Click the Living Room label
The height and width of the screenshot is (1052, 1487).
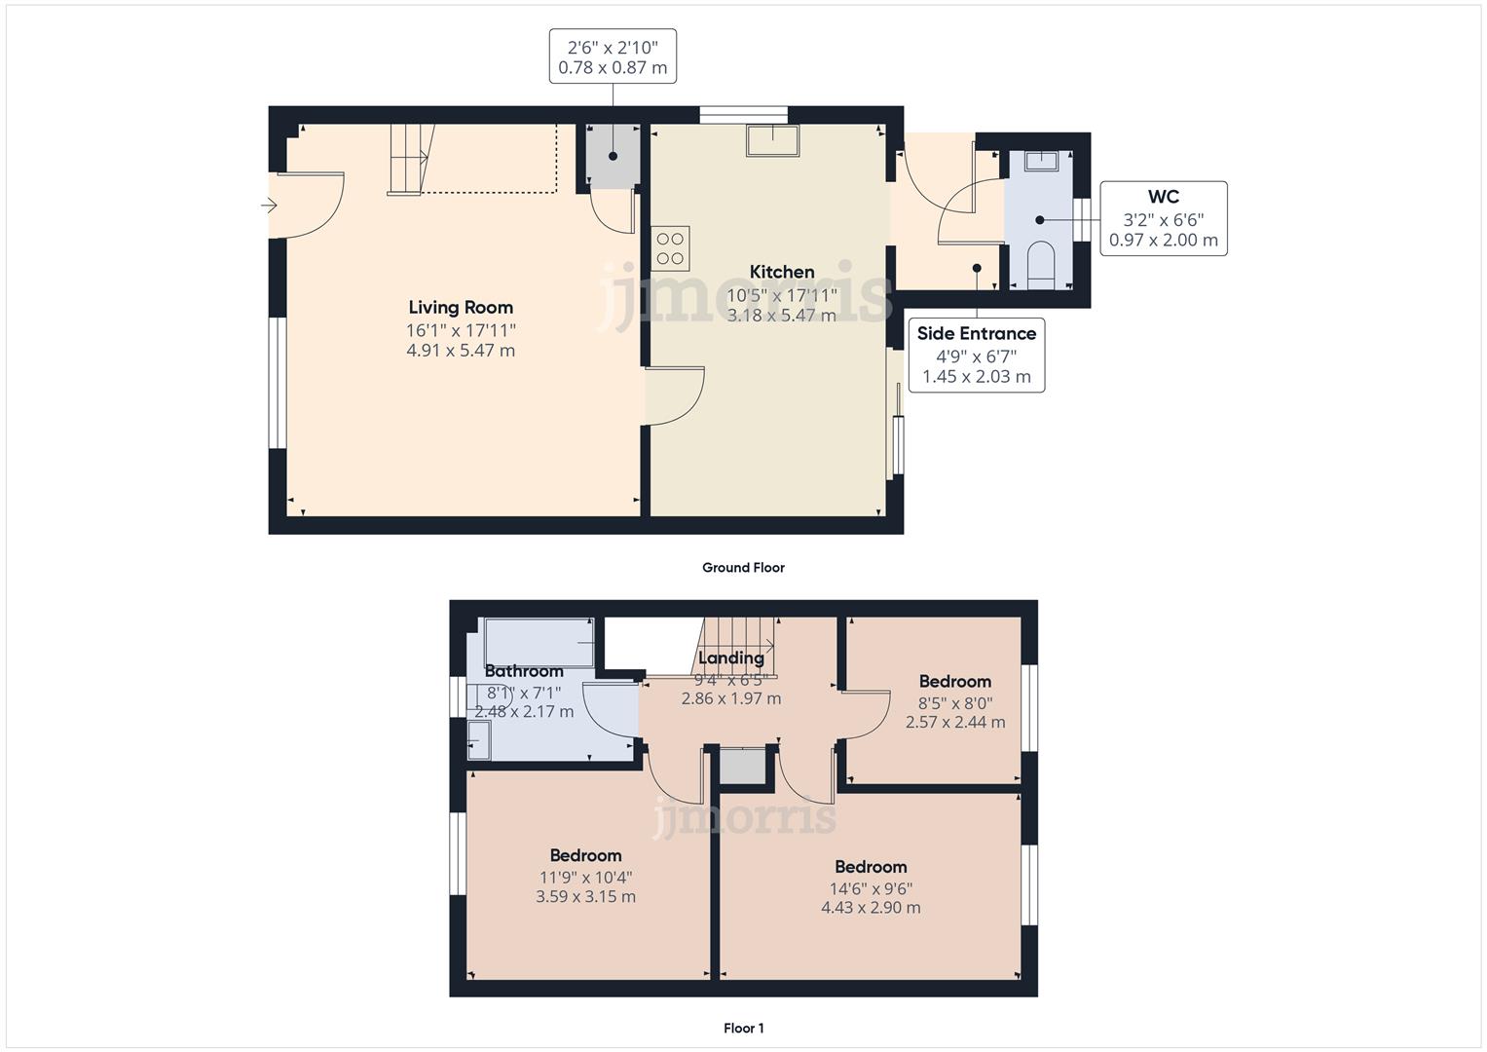click(460, 308)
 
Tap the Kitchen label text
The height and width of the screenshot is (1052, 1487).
click(781, 272)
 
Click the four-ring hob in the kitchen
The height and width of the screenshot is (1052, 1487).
click(670, 248)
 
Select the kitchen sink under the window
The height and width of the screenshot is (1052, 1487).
click(772, 140)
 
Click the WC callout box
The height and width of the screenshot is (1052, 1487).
click(1163, 218)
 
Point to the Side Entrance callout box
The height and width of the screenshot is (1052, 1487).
click(976, 355)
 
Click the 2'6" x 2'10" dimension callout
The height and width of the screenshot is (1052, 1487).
click(613, 56)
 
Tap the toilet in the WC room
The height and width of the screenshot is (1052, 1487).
click(1040, 263)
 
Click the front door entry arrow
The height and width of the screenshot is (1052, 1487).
click(269, 206)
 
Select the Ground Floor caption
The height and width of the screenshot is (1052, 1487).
click(743, 568)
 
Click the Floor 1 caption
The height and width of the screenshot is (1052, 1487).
click(743, 1028)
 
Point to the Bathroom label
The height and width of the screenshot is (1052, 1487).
click(524, 671)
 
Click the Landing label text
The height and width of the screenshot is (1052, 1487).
click(730, 657)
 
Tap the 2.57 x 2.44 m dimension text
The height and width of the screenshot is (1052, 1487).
click(954, 723)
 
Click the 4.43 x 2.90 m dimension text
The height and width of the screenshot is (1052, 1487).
click(871, 908)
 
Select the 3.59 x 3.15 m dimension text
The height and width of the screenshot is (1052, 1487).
click(585, 897)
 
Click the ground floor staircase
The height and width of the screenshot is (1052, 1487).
click(409, 159)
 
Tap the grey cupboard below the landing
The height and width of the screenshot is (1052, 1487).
click(743, 766)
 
